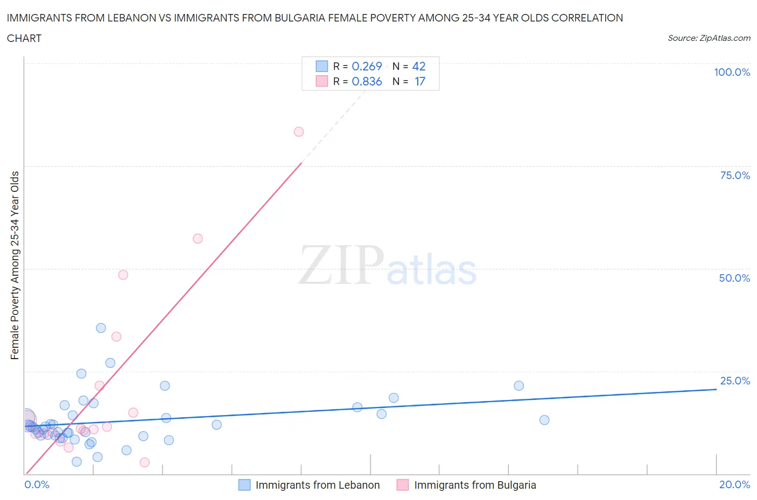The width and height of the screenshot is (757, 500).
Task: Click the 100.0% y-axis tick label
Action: [x=732, y=72]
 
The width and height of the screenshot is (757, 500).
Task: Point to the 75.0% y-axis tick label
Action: [x=735, y=175]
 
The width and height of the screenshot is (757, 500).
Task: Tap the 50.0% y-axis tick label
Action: [x=734, y=278]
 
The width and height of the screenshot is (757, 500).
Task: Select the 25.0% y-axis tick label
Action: [x=735, y=381]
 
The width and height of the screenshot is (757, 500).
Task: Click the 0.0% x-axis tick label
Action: [x=37, y=484]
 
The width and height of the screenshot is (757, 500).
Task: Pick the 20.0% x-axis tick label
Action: [x=734, y=484]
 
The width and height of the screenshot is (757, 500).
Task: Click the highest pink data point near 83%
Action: [x=299, y=132]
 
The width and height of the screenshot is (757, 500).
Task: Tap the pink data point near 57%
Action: [x=198, y=239]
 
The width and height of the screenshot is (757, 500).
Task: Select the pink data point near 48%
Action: [x=123, y=275]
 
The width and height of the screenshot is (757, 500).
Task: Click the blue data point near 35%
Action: [x=101, y=328]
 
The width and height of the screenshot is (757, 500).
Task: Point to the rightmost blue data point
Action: [x=544, y=420]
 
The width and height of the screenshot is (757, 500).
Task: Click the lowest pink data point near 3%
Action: [x=144, y=462]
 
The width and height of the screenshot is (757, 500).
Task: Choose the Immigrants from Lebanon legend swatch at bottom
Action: [x=244, y=485]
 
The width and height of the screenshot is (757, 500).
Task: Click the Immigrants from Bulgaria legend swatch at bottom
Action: [x=403, y=485]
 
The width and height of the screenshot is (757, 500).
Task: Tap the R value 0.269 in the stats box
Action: [x=367, y=66]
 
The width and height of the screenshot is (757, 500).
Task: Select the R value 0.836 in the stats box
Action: [x=367, y=81]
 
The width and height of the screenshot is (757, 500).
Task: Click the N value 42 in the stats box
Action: [x=419, y=66]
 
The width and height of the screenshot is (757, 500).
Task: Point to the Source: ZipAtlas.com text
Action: [x=709, y=38]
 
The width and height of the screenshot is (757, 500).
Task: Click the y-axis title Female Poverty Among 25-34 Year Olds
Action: [x=15, y=265]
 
